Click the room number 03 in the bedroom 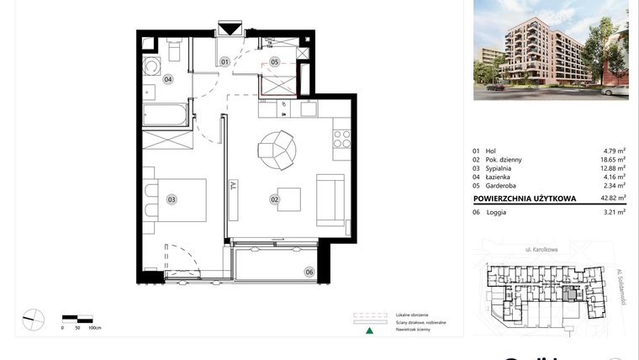coord(171,200)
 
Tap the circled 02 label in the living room coord(274,200)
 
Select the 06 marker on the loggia coord(309,272)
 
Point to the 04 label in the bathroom coord(168,79)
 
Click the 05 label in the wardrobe coord(274,62)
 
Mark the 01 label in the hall coord(225,62)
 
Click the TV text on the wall coord(234,188)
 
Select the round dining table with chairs coord(277,150)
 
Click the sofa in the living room coord(329,200)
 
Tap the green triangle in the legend coord(368,331)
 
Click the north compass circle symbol coord(34,320)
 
